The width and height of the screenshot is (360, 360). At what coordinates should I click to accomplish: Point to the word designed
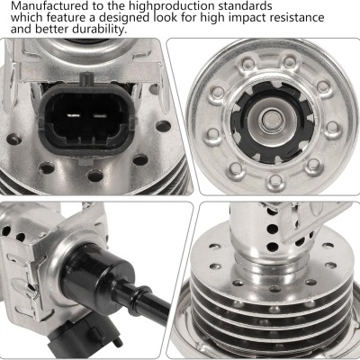click(x=124, y=18)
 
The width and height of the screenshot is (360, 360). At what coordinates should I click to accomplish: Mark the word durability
click(x=98, y=30)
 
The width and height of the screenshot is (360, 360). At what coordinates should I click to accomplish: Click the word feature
click(x=66, y=17)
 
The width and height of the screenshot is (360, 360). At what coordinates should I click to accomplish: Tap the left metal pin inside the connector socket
click(x=73, y=115)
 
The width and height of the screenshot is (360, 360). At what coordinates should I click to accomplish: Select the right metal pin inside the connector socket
click(x=100, y=115)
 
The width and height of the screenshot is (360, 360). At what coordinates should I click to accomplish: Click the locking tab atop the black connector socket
click(x=86, y=79)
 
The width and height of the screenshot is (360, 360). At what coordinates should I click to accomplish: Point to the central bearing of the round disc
click(x=269, y=120)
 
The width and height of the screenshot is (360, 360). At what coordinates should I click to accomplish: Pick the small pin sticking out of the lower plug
click(x=119, y=340)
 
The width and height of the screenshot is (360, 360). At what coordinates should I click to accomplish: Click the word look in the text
click(x=165, y=17)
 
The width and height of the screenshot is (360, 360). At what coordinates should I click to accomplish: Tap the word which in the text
click(x=26, y=17)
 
